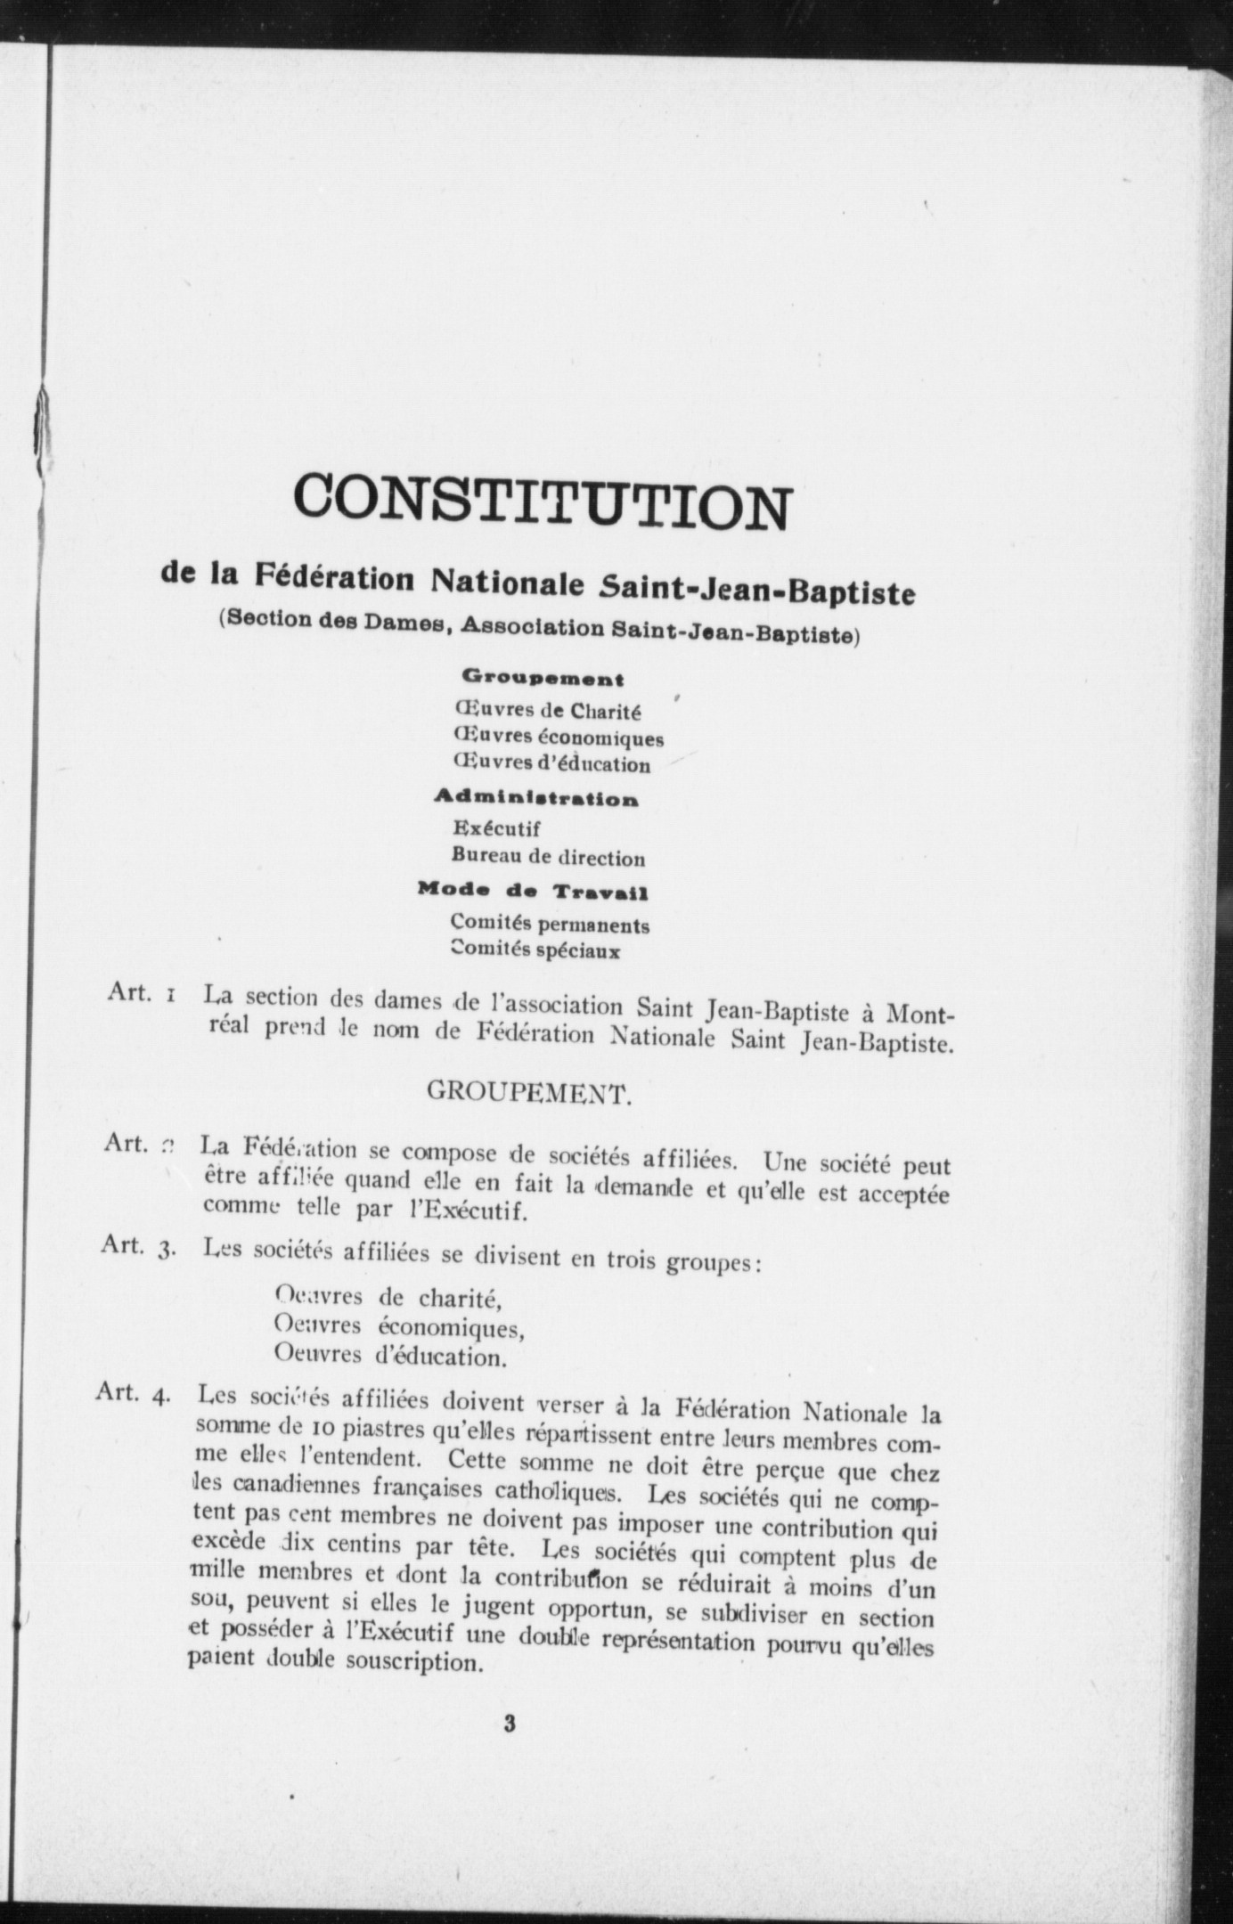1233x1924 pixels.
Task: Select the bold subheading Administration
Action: (536, 797)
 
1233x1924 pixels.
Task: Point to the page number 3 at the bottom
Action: (509, 1723)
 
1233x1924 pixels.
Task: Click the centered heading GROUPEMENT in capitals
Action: (529, 1092)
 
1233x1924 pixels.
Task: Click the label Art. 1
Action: (139, 992)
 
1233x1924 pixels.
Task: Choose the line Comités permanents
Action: (550, 924)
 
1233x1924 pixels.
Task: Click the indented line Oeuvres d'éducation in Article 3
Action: (390, 1357)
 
